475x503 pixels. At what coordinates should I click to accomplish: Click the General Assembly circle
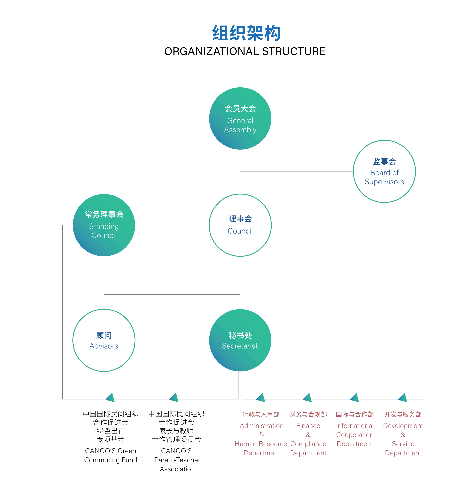(x=240, y=118)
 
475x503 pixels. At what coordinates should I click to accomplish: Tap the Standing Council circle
(x=104, y=225)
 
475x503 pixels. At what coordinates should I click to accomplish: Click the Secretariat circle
(x=240, y=340)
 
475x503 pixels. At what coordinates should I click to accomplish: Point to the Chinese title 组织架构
(x=246, y=33)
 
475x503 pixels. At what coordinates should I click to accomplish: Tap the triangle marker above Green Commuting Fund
(x=111, y=398)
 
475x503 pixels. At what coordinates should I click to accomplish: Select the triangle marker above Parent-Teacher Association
(x=174, y=398)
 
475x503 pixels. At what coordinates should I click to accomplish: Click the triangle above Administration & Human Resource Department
(x=261, y=398)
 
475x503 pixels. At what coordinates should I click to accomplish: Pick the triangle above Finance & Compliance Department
(x=308, y=398)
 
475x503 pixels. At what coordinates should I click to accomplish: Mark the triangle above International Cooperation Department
(x=355, y=398)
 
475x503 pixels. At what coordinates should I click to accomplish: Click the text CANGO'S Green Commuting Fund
(x=111, y=455)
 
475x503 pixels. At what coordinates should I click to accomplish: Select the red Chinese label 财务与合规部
(x=308, y=414)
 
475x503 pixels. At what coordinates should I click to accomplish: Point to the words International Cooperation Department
(x=355, y=435)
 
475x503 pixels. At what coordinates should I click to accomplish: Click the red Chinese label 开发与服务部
(x=403, y=414)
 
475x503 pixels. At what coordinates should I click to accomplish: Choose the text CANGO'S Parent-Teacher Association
(x=177, y=460)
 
